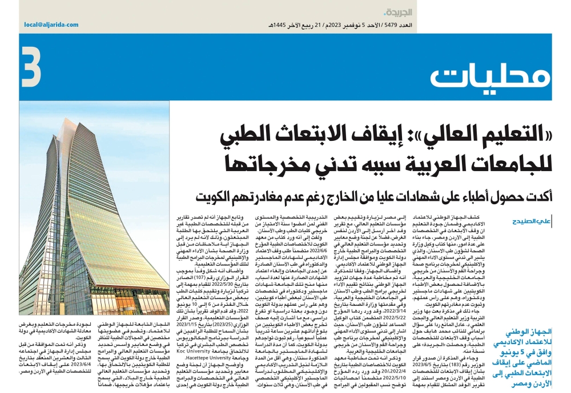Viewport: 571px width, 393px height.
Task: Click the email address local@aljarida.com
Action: tap(52, 25)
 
